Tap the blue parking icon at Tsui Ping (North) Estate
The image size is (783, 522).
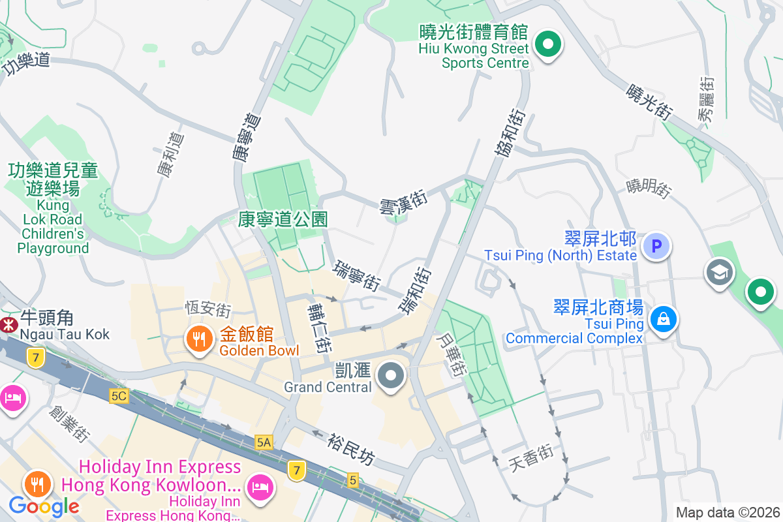point(656,247)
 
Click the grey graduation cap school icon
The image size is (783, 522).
point(719,273)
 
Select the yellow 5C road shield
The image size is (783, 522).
point(119,396)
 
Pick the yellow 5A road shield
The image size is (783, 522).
point(264,442)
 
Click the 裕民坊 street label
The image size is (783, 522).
point(352,450)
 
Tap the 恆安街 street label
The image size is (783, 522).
point(208,307)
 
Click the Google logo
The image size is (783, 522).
point(44,506)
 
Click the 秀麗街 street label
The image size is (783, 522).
point(706,99)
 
